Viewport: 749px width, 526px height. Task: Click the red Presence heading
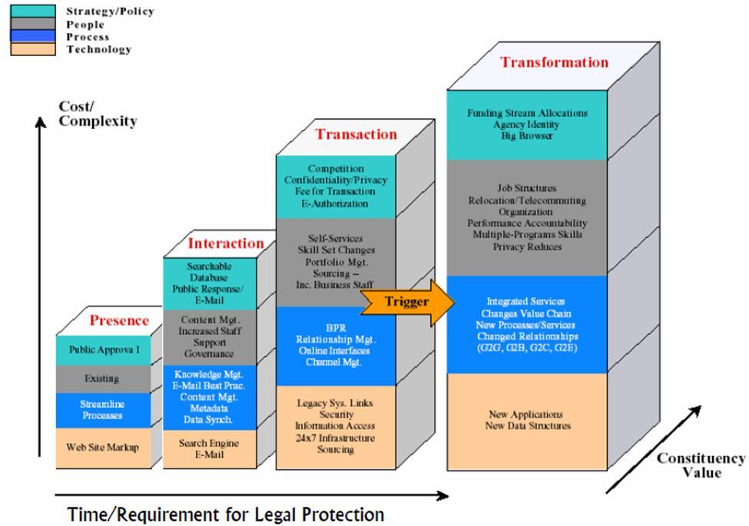[x=119, y=321]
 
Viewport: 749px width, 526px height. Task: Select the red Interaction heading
[x=226, y=243]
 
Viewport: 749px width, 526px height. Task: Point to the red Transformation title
[x=554, y=62]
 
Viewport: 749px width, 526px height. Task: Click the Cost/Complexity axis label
[x=98, y=114]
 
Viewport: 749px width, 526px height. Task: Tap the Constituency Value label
[x=700, y=465]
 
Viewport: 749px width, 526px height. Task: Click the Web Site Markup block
[x=102, y=447]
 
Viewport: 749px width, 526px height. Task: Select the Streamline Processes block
[x=102, y=410]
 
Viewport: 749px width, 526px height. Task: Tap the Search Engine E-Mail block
[x=209, y=448]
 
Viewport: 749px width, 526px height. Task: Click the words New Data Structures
[x=528, y=425]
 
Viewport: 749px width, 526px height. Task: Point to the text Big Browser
[x=527, y=136]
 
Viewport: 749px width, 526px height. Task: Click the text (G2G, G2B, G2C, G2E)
[x=527, y=348]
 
